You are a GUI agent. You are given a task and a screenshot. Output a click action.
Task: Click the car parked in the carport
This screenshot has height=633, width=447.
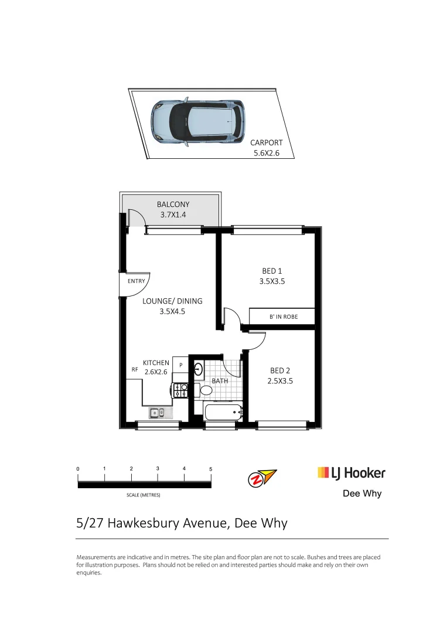pyautogui.click(x=197, y=122)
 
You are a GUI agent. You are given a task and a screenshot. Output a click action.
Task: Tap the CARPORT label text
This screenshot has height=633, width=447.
pyautogui.click(x=267, y=142)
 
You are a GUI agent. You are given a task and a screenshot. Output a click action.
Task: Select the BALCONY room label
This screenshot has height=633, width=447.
pyautogui.click(x=173, y=205)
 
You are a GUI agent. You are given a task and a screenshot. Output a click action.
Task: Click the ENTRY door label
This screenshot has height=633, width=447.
pyautogui.click(x=136, y=281)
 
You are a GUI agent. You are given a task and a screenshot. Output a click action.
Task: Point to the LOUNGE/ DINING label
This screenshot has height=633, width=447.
pyautogui.click(x=172, y=301)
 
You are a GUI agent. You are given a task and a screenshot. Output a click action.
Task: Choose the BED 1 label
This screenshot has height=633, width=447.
pyautogui.click(x=272, y=271)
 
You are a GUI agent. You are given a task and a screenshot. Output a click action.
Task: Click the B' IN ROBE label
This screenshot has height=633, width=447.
pyautogui.click(x=284, y=316)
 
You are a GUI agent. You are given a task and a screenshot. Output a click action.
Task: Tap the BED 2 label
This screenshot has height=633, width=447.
pyautogui.click(x=280, y=370)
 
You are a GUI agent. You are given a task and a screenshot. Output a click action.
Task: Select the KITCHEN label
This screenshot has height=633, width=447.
pyautogui.click(x=156, y=363)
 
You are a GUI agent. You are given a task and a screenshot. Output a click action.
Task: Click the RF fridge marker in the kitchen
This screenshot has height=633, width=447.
pyautogui.click(x=135, y=370)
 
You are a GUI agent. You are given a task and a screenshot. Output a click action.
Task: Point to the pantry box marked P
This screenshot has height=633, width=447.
pyautogui.click(x=181, y=365)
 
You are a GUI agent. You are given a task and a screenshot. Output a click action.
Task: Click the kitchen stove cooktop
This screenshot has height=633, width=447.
pyautogui.click(x=180, y=390)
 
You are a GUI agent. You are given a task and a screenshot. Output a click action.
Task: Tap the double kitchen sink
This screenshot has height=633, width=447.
pyautogui.click(x=158, y=413)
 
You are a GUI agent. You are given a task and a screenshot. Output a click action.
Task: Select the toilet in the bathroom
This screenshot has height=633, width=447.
pyautogui.click(x=206, y=390)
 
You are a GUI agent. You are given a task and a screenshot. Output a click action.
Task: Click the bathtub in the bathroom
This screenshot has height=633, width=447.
pyautogui.click(x=223, y=412)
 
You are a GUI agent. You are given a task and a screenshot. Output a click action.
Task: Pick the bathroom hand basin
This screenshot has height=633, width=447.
pyautogui.click(x=198, y=369)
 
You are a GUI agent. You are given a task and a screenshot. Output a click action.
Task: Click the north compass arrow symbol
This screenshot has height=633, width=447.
pyautogui.click(x=261, y=478)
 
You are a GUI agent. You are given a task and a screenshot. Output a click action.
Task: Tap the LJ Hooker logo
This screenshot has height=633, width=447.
pyautogui.click(x=352, y=472)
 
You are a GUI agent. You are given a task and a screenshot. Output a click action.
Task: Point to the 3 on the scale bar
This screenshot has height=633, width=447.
pyautogui.click(x=158, y=469)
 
